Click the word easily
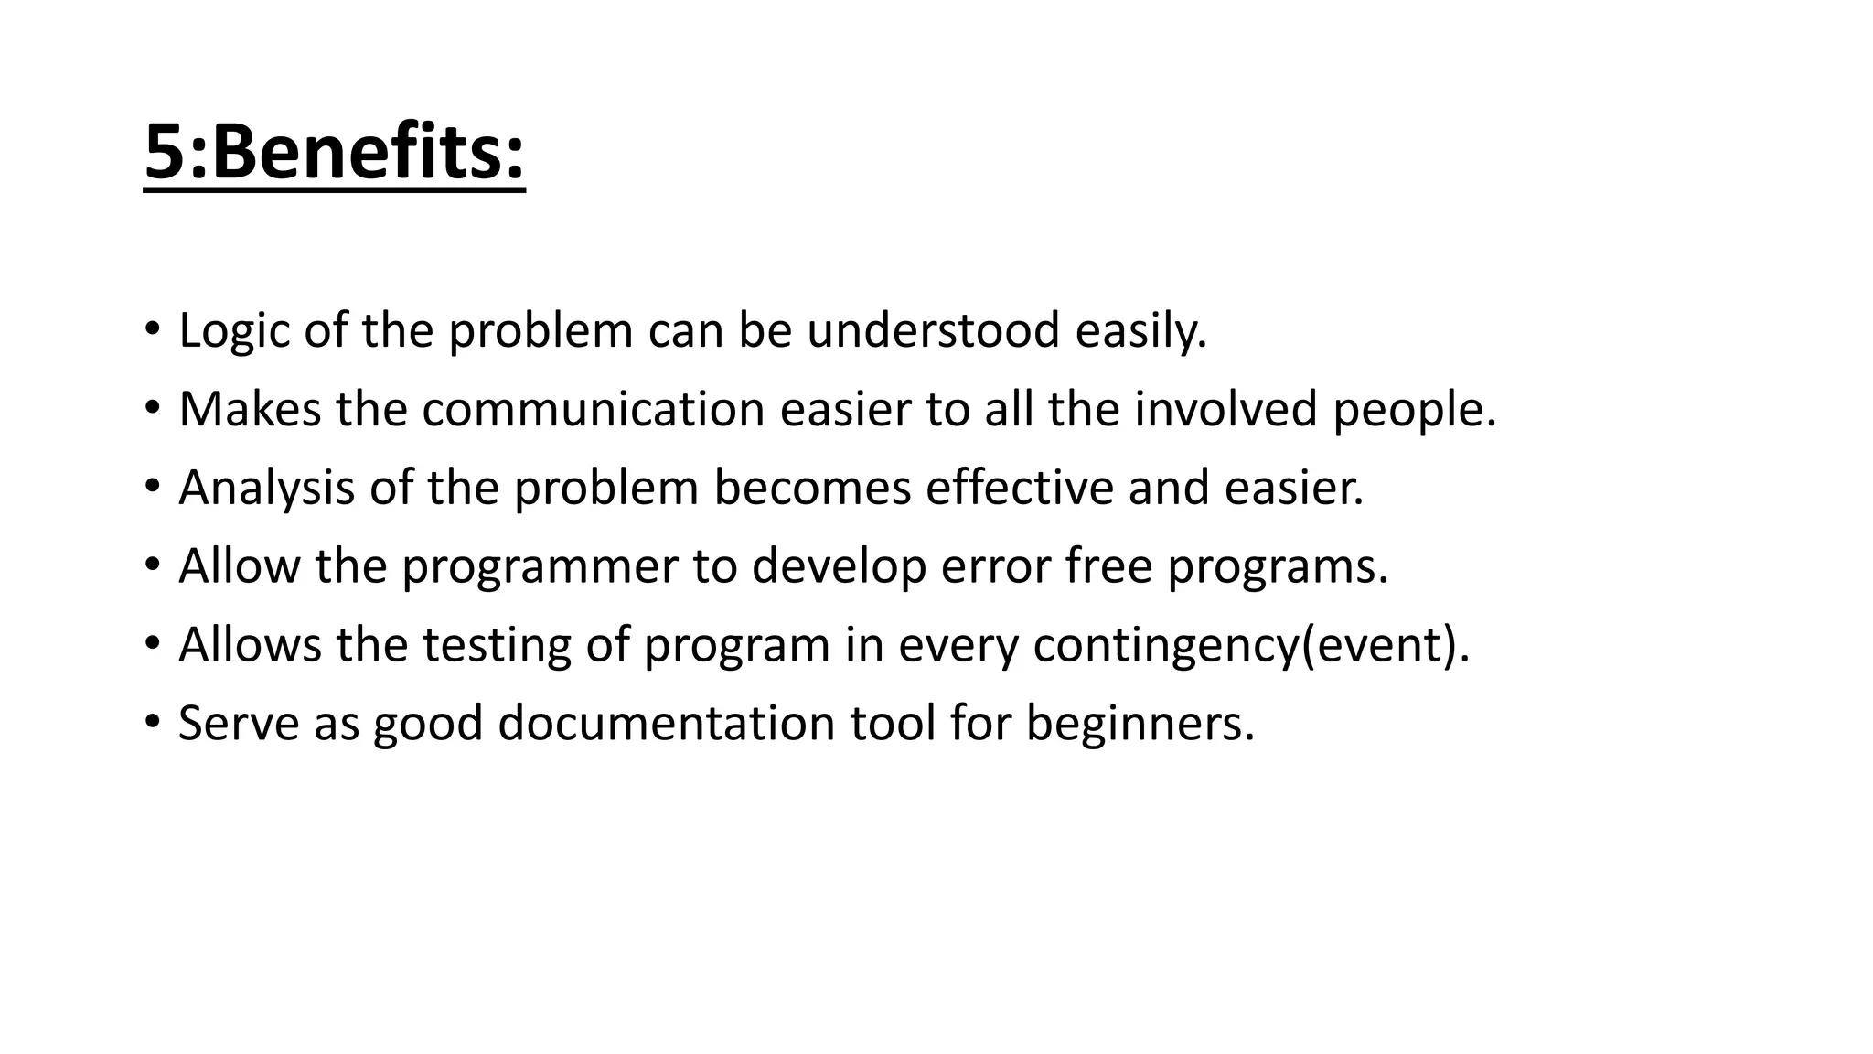tap(1140, 331)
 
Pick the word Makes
tap(250, 409)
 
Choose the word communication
tap(593, 409)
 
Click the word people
tap(1414, 411)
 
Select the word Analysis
tap(266, 489)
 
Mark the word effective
tap(1020, 487)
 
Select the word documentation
tap(667, 724)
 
